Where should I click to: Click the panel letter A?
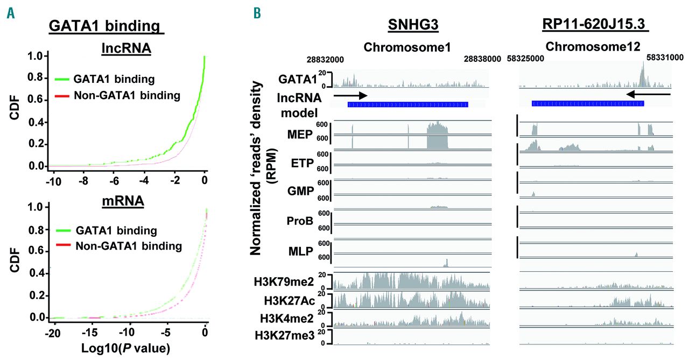pyautogui.click(x=10, y=12)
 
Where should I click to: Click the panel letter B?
pyautogui.click(x=258, y=12)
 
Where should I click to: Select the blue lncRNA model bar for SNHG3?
pyautogui.click(x=407, y=104)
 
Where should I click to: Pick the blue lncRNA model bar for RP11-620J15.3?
pyautogui.click(x=588, y=103)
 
